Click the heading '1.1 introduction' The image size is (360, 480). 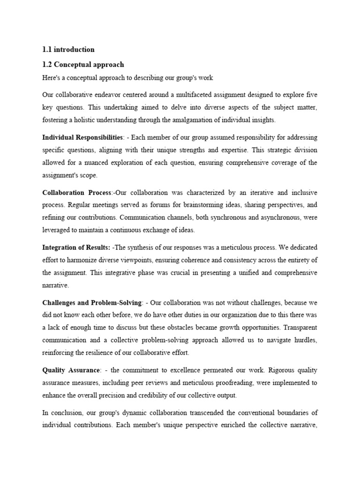coord(68,49)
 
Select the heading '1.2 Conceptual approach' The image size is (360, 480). coord(83,64)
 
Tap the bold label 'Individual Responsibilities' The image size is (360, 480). coord(82,137)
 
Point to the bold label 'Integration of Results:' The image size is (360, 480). coord(76,247)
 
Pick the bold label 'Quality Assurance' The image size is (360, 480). coord(70,370)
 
